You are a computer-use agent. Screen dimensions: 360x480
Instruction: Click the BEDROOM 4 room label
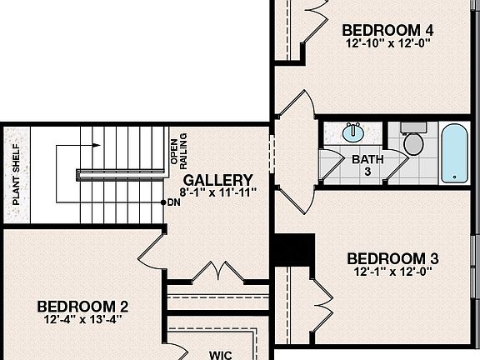[x=387, y=30]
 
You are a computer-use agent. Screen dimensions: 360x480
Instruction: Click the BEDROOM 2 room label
[x=82, y=304]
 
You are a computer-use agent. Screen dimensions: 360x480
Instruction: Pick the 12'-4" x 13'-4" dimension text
[x=82, y=317]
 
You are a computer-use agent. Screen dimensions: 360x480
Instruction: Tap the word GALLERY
[x=217, y=180]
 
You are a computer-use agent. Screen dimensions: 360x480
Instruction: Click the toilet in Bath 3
[x=412, y=142]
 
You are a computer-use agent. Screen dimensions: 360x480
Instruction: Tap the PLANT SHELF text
[x=16, y=177]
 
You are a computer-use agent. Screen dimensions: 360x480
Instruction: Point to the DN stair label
[x=172, y=202]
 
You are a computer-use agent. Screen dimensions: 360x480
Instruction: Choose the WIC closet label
[x=220, y=355]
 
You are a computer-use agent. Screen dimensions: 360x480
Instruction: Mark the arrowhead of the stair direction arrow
[x=97, y=146]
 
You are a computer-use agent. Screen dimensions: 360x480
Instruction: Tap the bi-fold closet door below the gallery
[x=217, y=271]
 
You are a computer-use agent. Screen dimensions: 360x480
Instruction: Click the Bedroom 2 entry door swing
[x=152, y=248]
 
